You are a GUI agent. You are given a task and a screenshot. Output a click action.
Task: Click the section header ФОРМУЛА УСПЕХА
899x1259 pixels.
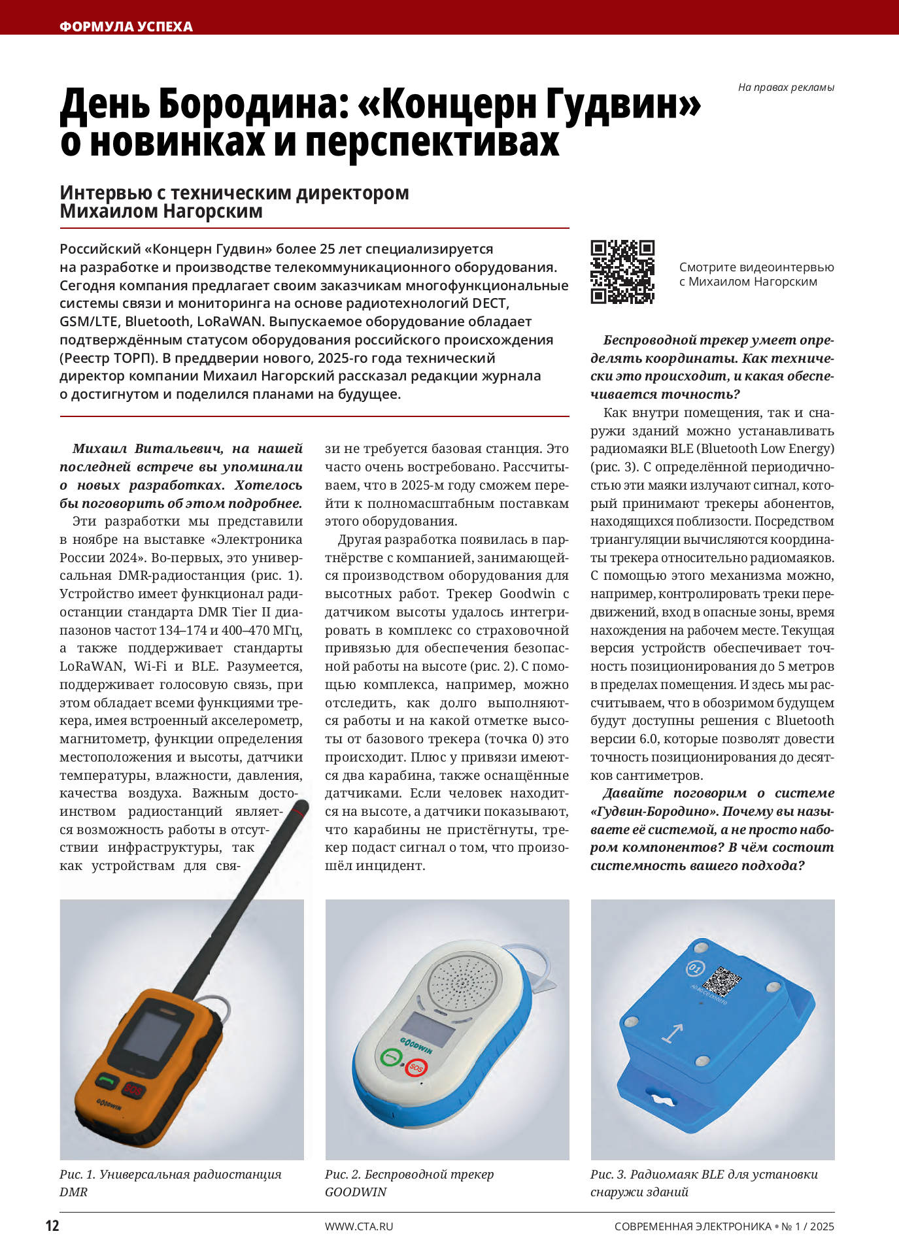(x=126, y=27)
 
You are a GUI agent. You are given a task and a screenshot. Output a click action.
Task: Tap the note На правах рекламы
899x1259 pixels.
(x=785, y=88)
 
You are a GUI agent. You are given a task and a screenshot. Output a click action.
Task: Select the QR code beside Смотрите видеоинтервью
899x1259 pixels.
(x=622, y=272)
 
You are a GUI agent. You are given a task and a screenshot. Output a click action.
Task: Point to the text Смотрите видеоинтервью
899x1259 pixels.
(x=756, y=267)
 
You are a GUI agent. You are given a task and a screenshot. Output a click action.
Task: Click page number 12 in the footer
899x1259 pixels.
(x=52, y=1226)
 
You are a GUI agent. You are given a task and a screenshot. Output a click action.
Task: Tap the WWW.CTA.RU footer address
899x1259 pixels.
(x=359, y=1226)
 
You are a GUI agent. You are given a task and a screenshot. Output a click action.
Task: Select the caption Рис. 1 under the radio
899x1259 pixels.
(x=170, y=1183)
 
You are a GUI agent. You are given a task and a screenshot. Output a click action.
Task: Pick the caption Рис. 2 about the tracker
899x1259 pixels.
(x=409, y=1183)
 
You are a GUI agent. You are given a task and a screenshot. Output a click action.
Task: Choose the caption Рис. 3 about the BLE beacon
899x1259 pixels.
(x=704, y=1183)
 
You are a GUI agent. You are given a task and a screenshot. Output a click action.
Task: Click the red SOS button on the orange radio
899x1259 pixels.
(x=133, y=1090)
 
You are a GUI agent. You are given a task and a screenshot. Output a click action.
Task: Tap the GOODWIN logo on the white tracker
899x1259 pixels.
(x=416, y=1044)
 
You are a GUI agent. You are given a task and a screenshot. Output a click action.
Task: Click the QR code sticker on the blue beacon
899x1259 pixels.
(x=721, y=981)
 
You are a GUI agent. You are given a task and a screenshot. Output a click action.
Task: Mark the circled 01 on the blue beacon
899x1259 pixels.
(x=694, y=967)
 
